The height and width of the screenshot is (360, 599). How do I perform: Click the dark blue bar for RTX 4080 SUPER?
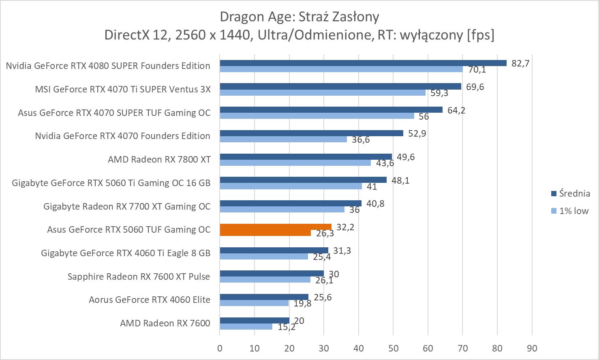tap(363, 63)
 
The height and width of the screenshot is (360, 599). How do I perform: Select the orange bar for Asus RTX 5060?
tap(276, 229)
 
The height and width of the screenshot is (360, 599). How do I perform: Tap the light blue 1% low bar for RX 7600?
tap(246, 326)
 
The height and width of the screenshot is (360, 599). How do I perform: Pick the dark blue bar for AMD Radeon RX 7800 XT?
tap(306, 156)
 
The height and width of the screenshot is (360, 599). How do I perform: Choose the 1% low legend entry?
tap(569, 211)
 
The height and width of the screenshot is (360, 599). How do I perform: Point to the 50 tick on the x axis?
tap(393, 348)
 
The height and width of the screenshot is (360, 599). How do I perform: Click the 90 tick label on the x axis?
tap(532, 348)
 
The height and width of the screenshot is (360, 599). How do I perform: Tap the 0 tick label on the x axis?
tap(220, 348)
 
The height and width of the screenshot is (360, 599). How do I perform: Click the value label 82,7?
tap(520, 63)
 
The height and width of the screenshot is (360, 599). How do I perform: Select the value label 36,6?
tap(361, 140)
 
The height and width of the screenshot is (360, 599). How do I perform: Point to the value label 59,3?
tap(439, 93)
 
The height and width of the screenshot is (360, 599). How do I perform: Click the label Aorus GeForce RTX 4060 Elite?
tap(150, 300)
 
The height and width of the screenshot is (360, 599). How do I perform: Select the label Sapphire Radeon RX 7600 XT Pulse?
tap(139, 276)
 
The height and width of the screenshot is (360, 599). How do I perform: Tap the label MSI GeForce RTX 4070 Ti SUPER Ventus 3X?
tap(123, 89)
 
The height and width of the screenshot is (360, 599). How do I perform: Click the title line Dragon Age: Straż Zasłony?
tap(299, 17)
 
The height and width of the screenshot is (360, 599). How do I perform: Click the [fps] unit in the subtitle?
tap(481, 35)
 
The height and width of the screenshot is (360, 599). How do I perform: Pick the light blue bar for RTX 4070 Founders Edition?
tap(283, 139)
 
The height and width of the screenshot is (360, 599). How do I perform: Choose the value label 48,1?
tap(400, 180)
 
